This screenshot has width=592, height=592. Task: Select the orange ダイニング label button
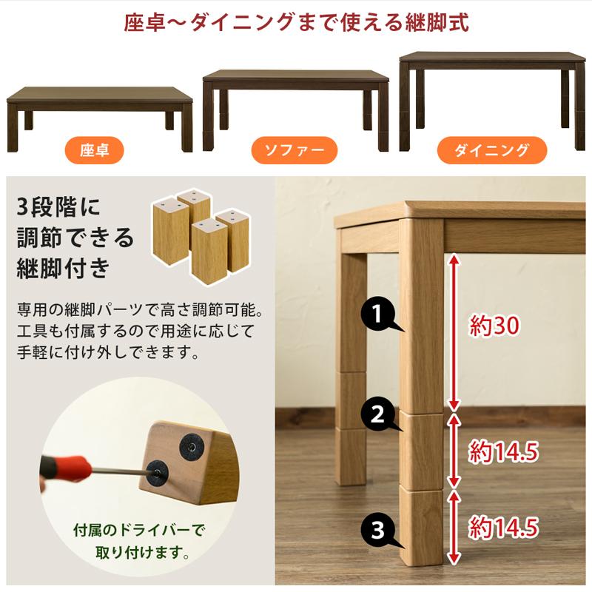pos(491,150)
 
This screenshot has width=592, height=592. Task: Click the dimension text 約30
pos(496,325)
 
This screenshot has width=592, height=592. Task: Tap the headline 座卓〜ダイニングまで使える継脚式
pos(296,22)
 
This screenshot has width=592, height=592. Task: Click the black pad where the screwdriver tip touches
pos(158,469)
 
